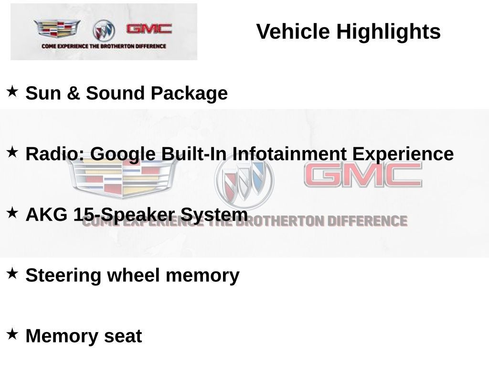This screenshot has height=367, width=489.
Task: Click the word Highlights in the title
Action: [388, 32]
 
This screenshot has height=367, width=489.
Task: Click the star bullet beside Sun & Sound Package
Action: [12, 90]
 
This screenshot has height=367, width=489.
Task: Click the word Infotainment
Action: [289, 154]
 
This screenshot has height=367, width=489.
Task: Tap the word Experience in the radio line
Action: [403, 154]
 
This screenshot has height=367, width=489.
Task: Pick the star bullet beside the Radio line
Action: [12, 152]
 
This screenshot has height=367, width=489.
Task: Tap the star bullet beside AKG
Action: [12, 213]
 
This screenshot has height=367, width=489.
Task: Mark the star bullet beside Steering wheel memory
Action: [12, 273]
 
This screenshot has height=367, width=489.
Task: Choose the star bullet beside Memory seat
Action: [12, 334]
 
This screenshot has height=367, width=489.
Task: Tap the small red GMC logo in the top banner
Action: [149, 29]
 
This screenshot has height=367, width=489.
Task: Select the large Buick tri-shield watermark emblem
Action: [244, 180]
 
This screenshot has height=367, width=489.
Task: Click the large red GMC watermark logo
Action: [363, 175]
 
